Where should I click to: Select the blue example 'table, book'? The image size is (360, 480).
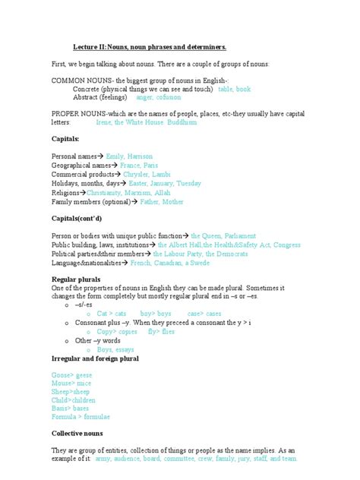tap(234, 89)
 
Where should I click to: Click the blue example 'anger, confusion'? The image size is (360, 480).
tap(159, 98)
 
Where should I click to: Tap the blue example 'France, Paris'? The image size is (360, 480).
tap(139, 165)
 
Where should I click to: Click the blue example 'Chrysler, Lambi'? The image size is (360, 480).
tap(150, 174)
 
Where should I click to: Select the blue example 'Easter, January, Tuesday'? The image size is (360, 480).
tap(165, 183)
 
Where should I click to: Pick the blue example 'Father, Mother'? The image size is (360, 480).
tap(162, 202)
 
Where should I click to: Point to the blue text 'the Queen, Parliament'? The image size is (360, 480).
tap(225, 235)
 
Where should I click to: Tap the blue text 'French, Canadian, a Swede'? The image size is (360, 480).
tap(171, 263)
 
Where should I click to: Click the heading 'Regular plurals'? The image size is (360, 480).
tap(76, 280)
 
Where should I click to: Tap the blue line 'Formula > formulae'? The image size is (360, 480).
tap(81, 417)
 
